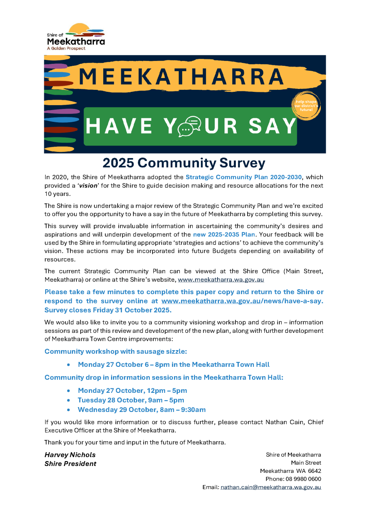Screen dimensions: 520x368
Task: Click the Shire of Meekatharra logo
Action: click(x=76, y=37)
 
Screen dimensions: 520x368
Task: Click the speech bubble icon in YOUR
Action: click(x=190, y=126)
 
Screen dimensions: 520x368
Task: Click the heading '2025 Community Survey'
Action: click(x=184, y=163)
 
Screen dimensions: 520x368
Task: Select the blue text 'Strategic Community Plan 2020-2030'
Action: click(x=244, y=177)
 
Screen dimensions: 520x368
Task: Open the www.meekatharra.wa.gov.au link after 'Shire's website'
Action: click(x=221, y=279)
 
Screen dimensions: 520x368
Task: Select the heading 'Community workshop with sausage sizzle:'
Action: click(x=115, y=351)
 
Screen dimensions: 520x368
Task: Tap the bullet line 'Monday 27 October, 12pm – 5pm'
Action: click(x=132, y=390)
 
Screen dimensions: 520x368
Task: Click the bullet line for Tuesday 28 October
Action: click(x=131, y=400)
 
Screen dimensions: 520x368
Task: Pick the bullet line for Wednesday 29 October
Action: click(x=142, y=409)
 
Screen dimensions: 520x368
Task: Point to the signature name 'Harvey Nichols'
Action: click(x=70, y=455)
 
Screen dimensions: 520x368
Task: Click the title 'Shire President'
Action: click(x=70, y=464)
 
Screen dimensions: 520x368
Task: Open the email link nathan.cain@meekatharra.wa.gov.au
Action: click(x=271, y=487)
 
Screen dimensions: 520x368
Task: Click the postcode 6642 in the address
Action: click(x=314, y=471)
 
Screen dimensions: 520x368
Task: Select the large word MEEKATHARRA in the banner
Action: click(x=181, y=77)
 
